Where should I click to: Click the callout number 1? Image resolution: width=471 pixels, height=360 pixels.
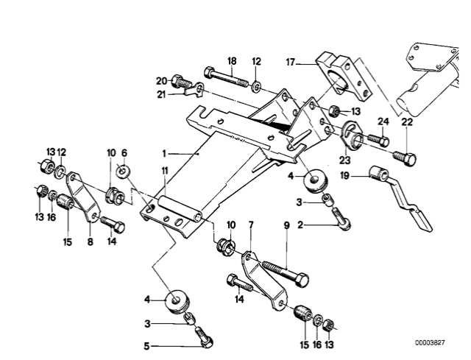166,154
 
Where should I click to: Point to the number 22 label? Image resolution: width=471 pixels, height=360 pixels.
407,121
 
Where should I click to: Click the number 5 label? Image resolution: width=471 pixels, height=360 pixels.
146,345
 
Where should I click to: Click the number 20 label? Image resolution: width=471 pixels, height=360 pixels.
162,80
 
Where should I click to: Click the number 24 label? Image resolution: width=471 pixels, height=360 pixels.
383,121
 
